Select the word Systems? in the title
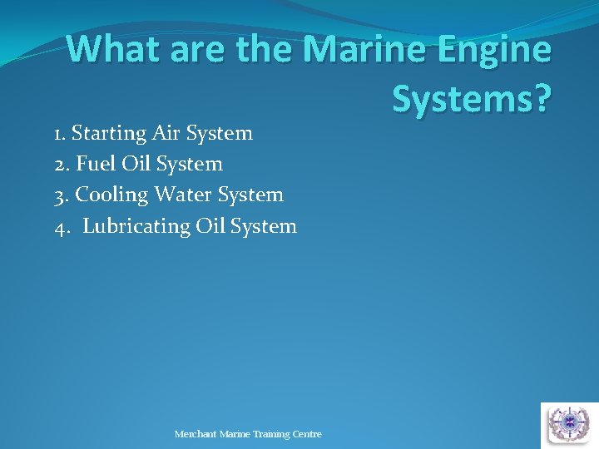tap(471, 100)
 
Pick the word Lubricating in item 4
tap(136, 226)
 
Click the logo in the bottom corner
tap(569, 424)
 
